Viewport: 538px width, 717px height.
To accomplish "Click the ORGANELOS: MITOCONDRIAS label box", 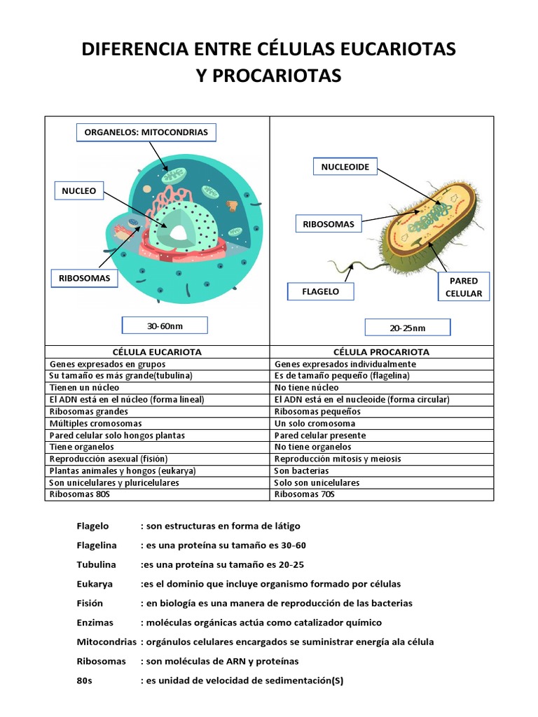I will [146, 132].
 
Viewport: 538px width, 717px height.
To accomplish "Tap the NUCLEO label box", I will [78, 190].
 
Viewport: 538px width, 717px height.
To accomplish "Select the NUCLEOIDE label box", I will [345, 167].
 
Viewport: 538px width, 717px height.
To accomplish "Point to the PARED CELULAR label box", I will [464, 287].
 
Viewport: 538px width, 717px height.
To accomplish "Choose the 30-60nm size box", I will [165, 326].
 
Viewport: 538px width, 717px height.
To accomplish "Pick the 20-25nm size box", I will [408, 328].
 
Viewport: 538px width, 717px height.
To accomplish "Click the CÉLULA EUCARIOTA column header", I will [157, 351].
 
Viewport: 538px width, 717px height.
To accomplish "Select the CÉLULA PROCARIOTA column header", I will [382, 351].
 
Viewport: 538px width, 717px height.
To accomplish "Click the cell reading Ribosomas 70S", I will [305, 494].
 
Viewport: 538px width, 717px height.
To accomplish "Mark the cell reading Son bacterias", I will [302, 471].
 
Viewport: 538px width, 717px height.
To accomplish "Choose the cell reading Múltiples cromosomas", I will [95, 423].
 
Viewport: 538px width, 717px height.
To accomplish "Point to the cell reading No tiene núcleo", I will [308, 387].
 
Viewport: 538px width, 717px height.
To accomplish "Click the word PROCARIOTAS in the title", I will [269, 76].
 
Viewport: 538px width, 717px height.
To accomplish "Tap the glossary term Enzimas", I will [95, 622].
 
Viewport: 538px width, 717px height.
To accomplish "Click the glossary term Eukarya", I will [94, 583].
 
